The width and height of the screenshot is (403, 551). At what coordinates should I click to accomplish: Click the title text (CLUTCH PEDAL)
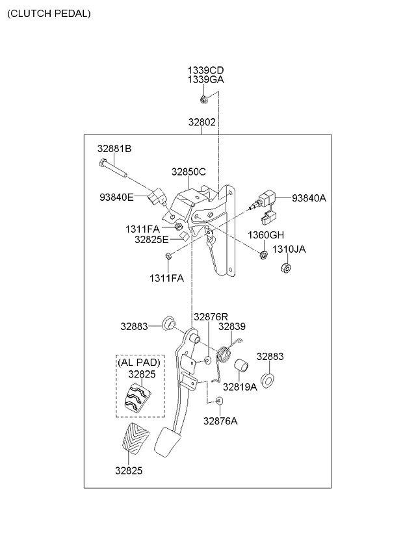point(49,13)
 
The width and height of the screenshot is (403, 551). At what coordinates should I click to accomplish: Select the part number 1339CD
point(206,70)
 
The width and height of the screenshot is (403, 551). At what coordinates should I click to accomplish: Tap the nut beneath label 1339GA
point(203,99)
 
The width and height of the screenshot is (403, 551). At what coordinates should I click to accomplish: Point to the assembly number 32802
point(202,122)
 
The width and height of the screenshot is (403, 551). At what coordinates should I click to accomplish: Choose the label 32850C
point(188,172)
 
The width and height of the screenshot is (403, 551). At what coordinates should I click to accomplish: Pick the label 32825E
point(151,239)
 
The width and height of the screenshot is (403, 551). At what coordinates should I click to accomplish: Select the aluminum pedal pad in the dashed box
point(137,397)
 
